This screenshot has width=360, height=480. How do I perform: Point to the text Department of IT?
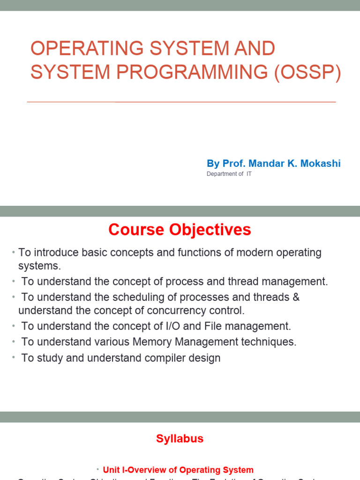coord(229,174)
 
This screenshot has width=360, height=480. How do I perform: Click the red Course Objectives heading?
coord(180,230)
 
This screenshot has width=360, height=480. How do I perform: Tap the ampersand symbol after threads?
coord(295,297)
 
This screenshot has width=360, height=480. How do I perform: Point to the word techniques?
coord(271,342)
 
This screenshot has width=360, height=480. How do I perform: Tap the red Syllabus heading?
coord(180,439)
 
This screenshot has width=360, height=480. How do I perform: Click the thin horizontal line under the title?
coord(181,102)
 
